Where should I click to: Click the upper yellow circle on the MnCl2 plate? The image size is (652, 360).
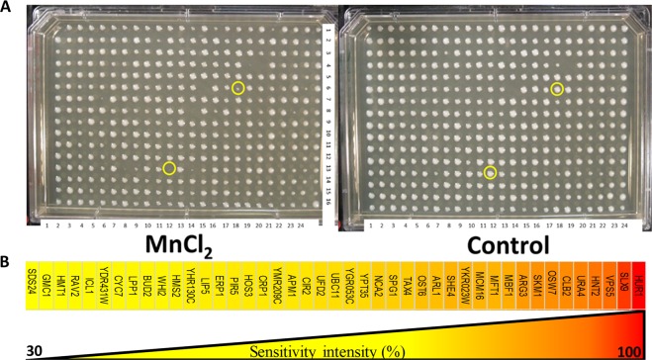pos(238,88)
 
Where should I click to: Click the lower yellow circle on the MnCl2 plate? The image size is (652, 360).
pos(169,168)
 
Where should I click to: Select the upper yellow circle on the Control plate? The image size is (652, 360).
pos(558,89)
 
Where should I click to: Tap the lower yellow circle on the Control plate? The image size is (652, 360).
pos(491,173)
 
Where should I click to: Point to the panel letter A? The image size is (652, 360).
pos(8,8)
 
